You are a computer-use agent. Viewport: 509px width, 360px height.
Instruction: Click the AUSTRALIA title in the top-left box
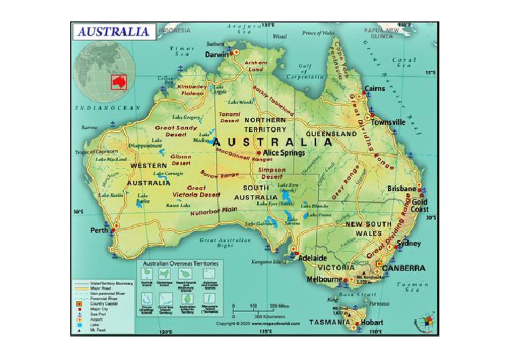tap(113, 31)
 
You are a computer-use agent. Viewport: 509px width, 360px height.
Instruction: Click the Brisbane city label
tap(402, 188)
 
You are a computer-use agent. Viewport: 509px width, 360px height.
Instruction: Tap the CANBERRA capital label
tap(404, 268)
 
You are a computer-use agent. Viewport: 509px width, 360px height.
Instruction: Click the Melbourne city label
tap(323, 280)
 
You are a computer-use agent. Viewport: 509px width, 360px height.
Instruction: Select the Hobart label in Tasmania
tap(372, 322)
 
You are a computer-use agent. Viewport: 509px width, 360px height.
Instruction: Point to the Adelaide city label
tap(312, 257)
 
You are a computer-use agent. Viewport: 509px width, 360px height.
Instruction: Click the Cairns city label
tap(374, 88)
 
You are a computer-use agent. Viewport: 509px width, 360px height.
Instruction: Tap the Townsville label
tap(388, 122)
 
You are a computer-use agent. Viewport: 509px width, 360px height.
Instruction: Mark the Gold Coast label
tap(420, 206)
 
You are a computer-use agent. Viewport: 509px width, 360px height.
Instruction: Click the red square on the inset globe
tap(119, 82)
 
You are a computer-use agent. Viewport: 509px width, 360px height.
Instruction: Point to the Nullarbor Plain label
tap(213, 211)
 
